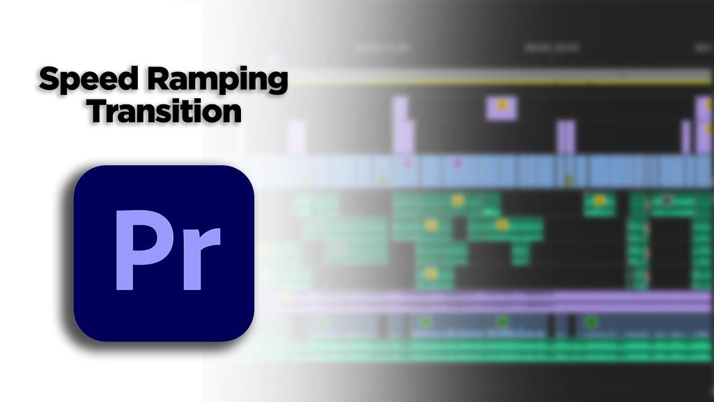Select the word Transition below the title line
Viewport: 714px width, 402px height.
coord(165,111)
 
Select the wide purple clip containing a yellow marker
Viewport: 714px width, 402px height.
coord(501,108)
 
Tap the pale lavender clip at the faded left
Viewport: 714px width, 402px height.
coord(297,137)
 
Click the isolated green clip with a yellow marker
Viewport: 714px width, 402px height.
coord(600,204)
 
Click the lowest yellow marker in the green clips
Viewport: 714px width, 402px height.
coord(431,274)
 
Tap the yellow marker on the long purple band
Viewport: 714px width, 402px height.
coord(286,298)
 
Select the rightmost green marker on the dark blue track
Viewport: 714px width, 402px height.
coord(591,322)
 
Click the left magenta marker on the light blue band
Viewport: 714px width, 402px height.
coord(408,163)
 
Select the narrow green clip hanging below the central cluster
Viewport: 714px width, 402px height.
coord(521,255)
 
